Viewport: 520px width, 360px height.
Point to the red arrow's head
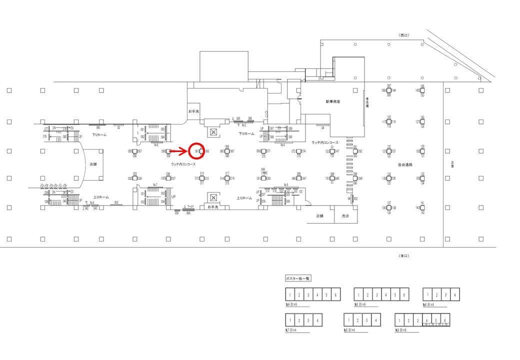(x=186, y=150)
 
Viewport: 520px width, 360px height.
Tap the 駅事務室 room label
(x=332, y=101)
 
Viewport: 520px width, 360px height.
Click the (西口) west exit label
(x=403, y=35)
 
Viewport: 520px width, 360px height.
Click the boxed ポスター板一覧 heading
(x=298, y=278)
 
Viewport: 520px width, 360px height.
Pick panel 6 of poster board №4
(x=335, y=295)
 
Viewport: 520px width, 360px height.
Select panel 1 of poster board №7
(x=290, y=320)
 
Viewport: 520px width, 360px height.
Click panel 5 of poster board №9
(x=435, y=320)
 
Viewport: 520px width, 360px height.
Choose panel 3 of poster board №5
(x=376, y=295)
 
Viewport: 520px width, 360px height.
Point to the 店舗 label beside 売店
(x=320, y=216)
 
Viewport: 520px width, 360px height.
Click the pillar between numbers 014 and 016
(x=227, y=178)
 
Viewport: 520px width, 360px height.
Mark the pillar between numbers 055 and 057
(x=135, y=151)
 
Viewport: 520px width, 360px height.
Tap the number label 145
(x=417, y=90)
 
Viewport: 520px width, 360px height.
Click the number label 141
(x=422, y=203)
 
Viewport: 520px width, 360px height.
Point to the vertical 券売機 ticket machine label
(x=367, y=102)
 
